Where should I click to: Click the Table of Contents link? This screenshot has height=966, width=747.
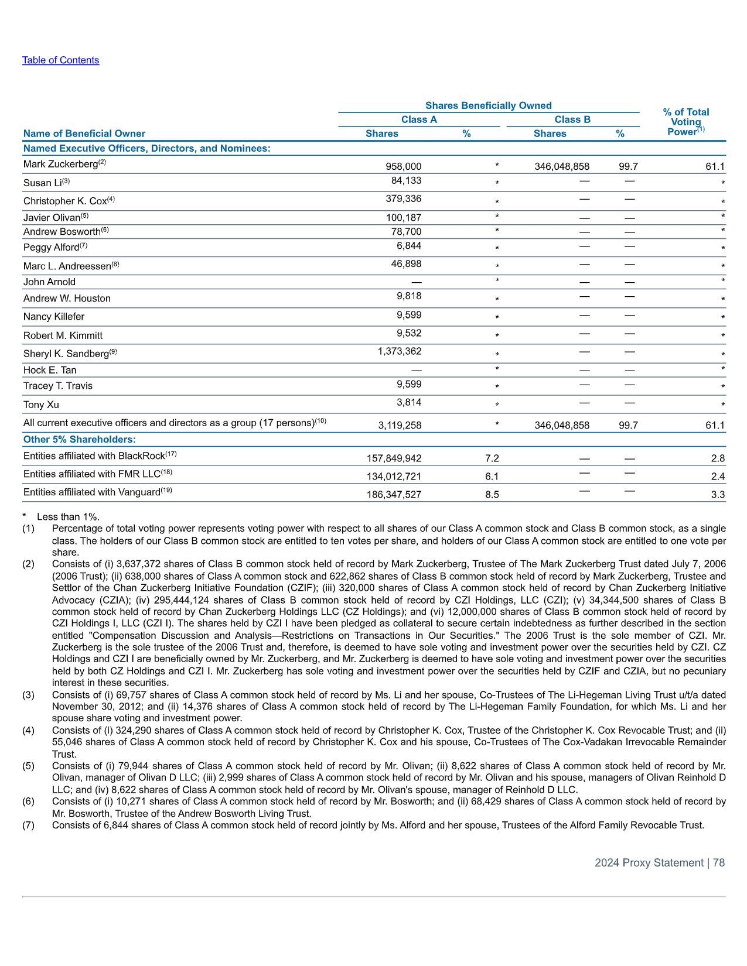pyautogui.click(x=60, y=60)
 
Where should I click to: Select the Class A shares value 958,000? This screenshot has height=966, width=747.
pyautogui.click(x=403, y=167)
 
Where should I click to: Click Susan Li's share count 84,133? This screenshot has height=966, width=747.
pyautogui.click(x=406, y=181)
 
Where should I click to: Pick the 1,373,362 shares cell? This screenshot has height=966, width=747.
pyautogui.click(x=400, y=351)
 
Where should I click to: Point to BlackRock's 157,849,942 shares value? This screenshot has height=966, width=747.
pyautogui.click(x=394, y=458)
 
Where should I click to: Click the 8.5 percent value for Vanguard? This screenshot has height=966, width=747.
pyautogui.click(x=492, y=495)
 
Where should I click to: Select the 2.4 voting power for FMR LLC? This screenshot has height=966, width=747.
pyautogui.click(x=718, y=477)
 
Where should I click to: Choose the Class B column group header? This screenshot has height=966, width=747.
pyautogui.click(x=572, y=119)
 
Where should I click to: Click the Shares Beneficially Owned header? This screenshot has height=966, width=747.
pyautogui.click(x=488, y=105)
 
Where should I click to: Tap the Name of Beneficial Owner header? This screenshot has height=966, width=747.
pyautogui.click(x=84, y=133)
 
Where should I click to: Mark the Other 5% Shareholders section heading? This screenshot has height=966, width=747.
pyautogui.click(x=79, y=440)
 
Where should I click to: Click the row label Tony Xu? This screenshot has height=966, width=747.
pyautogui.click(x=41, y=405)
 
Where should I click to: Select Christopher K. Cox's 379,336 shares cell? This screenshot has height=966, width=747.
pyautogui.click(x=403, y=199)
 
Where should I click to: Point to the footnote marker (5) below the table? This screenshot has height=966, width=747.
pyautogui.click(x=28, y=766)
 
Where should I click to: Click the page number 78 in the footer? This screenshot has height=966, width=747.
pyautogui.click(x=719, y=863)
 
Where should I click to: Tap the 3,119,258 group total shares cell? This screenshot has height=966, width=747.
pyautogui.click(x=400, y=426)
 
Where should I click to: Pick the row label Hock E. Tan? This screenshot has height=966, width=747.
pyautogui.click(x=50, y=370)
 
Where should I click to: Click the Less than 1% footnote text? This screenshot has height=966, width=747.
pyautogui.click(x=68, y=516)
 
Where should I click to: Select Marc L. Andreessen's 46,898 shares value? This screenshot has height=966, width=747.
pyautogui.click(x=406, y=264)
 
